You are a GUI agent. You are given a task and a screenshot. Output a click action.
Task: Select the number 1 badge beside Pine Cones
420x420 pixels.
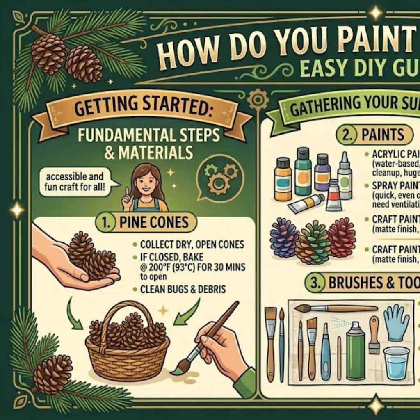(x=105, y=222)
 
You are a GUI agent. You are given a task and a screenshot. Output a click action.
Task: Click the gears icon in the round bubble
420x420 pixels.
(x=220, y=177)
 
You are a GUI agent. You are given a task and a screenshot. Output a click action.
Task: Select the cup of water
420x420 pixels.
(x=396, y=363)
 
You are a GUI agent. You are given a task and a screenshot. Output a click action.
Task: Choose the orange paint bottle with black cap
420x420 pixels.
(x=283, y=178)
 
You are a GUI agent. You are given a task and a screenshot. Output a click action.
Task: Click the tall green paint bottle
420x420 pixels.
(x=303, y=171)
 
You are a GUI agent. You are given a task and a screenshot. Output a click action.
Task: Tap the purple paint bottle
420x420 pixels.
(x=322, y=172)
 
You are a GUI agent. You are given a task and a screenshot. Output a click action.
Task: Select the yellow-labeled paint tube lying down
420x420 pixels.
(x=306, y=203)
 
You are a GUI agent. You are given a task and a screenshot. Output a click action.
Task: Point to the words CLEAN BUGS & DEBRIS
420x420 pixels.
(x=183, y=290)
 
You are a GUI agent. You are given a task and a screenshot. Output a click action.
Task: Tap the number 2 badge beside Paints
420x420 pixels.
(x=346, y=135)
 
